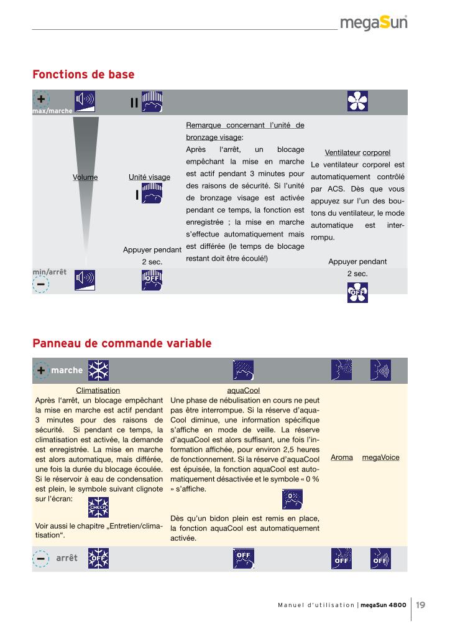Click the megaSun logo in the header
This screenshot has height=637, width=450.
click(374, 24)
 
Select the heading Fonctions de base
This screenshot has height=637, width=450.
click(83, 75)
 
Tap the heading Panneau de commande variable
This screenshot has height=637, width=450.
click(122, 343)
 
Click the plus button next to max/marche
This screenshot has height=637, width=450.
click(41, 100)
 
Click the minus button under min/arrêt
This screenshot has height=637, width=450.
click(41, 284)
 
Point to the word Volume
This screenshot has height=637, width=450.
click(85, 177)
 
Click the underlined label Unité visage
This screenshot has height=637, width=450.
click(149, 177)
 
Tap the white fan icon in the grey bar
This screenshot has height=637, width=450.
click(357, 101)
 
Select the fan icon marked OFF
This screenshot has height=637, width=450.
click(357, 292)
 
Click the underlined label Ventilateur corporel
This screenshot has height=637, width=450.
click(357, 152)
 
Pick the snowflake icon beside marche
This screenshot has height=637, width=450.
click(97, 370)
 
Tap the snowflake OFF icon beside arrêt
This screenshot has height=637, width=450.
click(97, 558)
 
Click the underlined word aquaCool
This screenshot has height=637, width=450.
click(244, 390)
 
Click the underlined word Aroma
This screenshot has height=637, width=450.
click(342, 457)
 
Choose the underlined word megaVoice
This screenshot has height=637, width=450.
click(380, 457)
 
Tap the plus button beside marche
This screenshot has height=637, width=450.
click(41, 370)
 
